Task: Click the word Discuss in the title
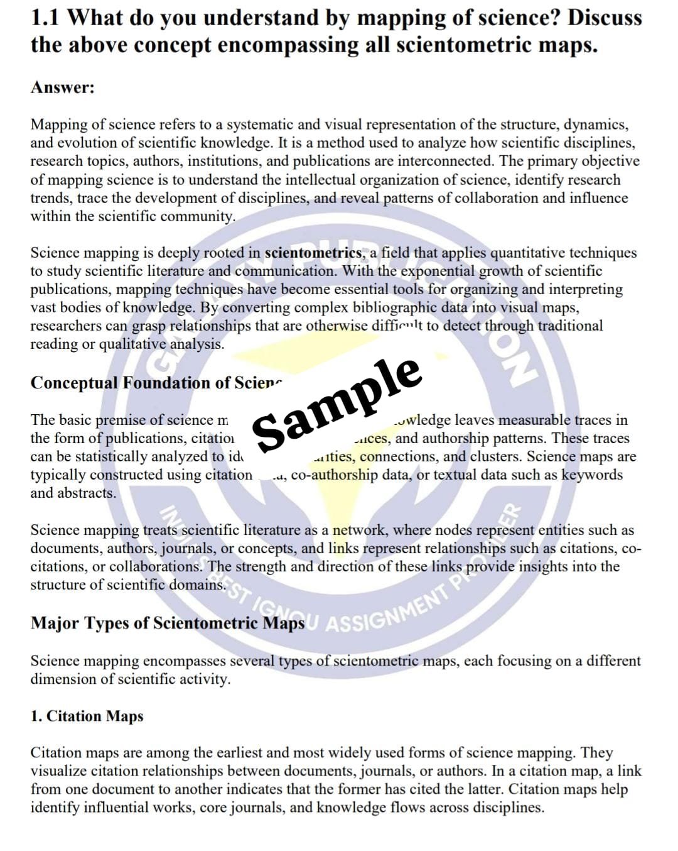pyautogui.click(x=604, y=18)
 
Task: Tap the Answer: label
pyautogui.click(x=62, y=87)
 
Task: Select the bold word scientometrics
pyautogui.click(x=313, y=253)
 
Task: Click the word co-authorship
pyautogui.click(x=335, y=475)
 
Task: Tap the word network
pyautogui.click(x=359, y=530)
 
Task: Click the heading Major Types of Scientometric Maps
pyautogui.click(x=167, y=623)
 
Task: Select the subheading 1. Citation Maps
pyautogui.click(x=87, y=716)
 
